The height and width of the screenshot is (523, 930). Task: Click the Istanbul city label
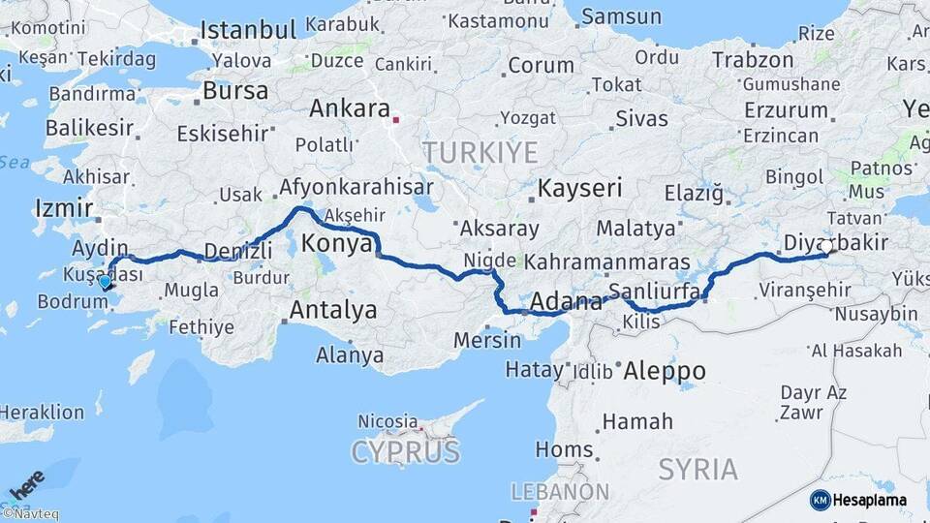249,29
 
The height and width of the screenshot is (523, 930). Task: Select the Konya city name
337,243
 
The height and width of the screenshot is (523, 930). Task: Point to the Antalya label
333,311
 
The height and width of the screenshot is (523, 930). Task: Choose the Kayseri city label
579,188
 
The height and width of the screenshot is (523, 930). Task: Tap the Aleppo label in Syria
664,370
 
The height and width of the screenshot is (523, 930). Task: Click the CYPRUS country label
405,451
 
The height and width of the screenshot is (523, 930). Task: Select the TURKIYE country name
479,152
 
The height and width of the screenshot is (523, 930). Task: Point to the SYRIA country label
697,470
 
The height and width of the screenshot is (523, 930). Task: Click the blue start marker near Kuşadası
105,282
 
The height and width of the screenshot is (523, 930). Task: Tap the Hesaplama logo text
872,500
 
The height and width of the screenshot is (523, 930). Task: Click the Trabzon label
752,59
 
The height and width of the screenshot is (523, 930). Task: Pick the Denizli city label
234,251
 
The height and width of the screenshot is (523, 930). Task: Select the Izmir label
63,207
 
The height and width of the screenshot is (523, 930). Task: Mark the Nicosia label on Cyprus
387,421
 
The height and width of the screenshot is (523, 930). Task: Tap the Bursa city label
235,91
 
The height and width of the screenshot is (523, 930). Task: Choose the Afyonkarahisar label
356,187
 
